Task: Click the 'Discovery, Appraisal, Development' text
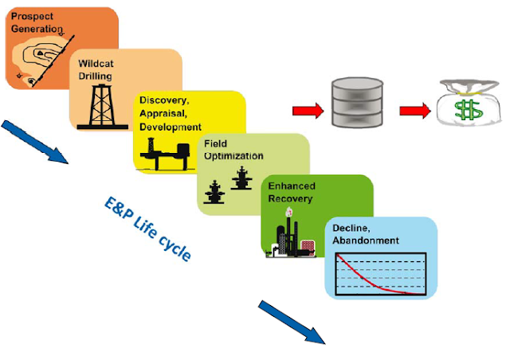click(x=170, y=113)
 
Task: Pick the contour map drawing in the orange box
click(x=36, y=56)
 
